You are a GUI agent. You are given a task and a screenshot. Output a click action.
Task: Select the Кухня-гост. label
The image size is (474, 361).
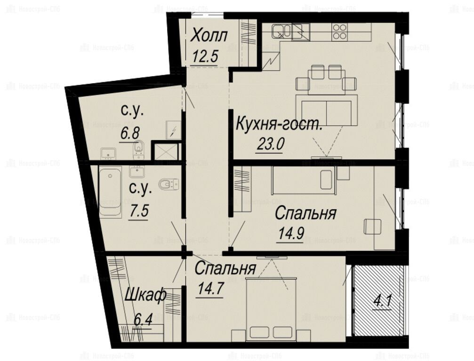coord(279,124)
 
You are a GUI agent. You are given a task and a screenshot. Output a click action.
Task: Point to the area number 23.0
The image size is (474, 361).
coord(270,144)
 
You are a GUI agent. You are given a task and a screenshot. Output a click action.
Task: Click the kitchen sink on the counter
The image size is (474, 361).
coord(281,31)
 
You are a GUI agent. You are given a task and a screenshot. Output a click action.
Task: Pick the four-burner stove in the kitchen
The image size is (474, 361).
coord(339,31)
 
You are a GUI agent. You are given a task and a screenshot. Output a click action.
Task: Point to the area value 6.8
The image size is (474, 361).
coord(130,133)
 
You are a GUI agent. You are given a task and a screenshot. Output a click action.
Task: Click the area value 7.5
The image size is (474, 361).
coord(139,211)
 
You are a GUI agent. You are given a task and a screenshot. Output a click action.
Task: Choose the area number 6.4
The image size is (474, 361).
coord(142,320)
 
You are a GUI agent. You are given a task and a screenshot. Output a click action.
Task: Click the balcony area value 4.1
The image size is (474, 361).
coord(382,302)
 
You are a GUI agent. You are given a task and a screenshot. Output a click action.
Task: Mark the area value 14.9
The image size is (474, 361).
coord(291,234)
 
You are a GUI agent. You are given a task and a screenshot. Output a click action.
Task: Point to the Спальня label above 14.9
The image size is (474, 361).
coord(305,213)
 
